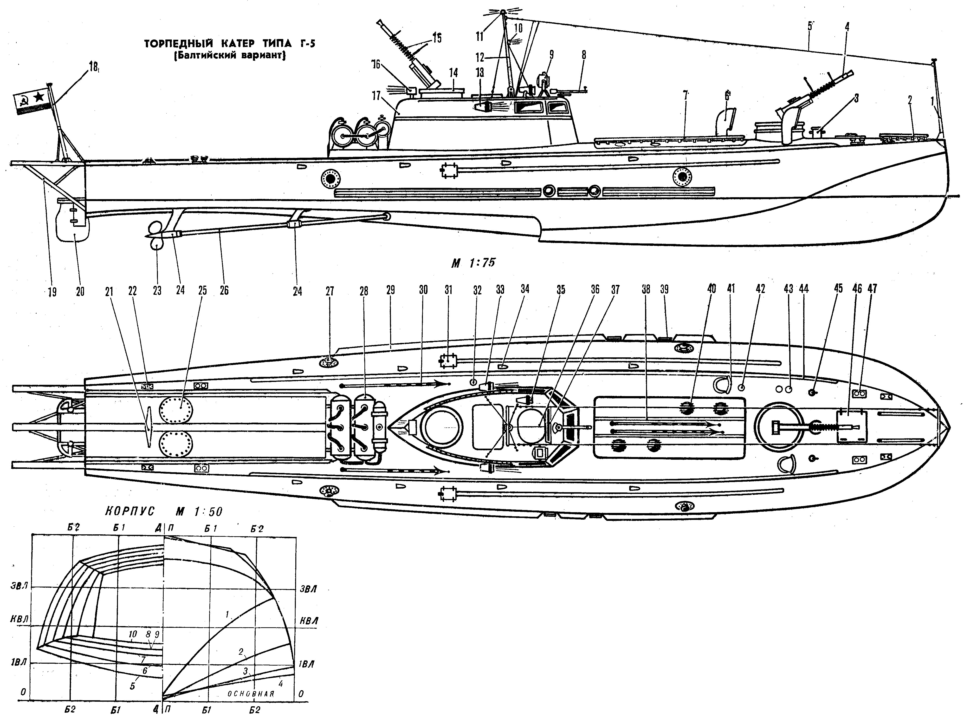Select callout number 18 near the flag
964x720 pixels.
tap(93, 68)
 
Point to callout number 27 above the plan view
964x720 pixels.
tap(330, 291)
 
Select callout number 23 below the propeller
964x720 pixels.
tap(157, 291)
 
